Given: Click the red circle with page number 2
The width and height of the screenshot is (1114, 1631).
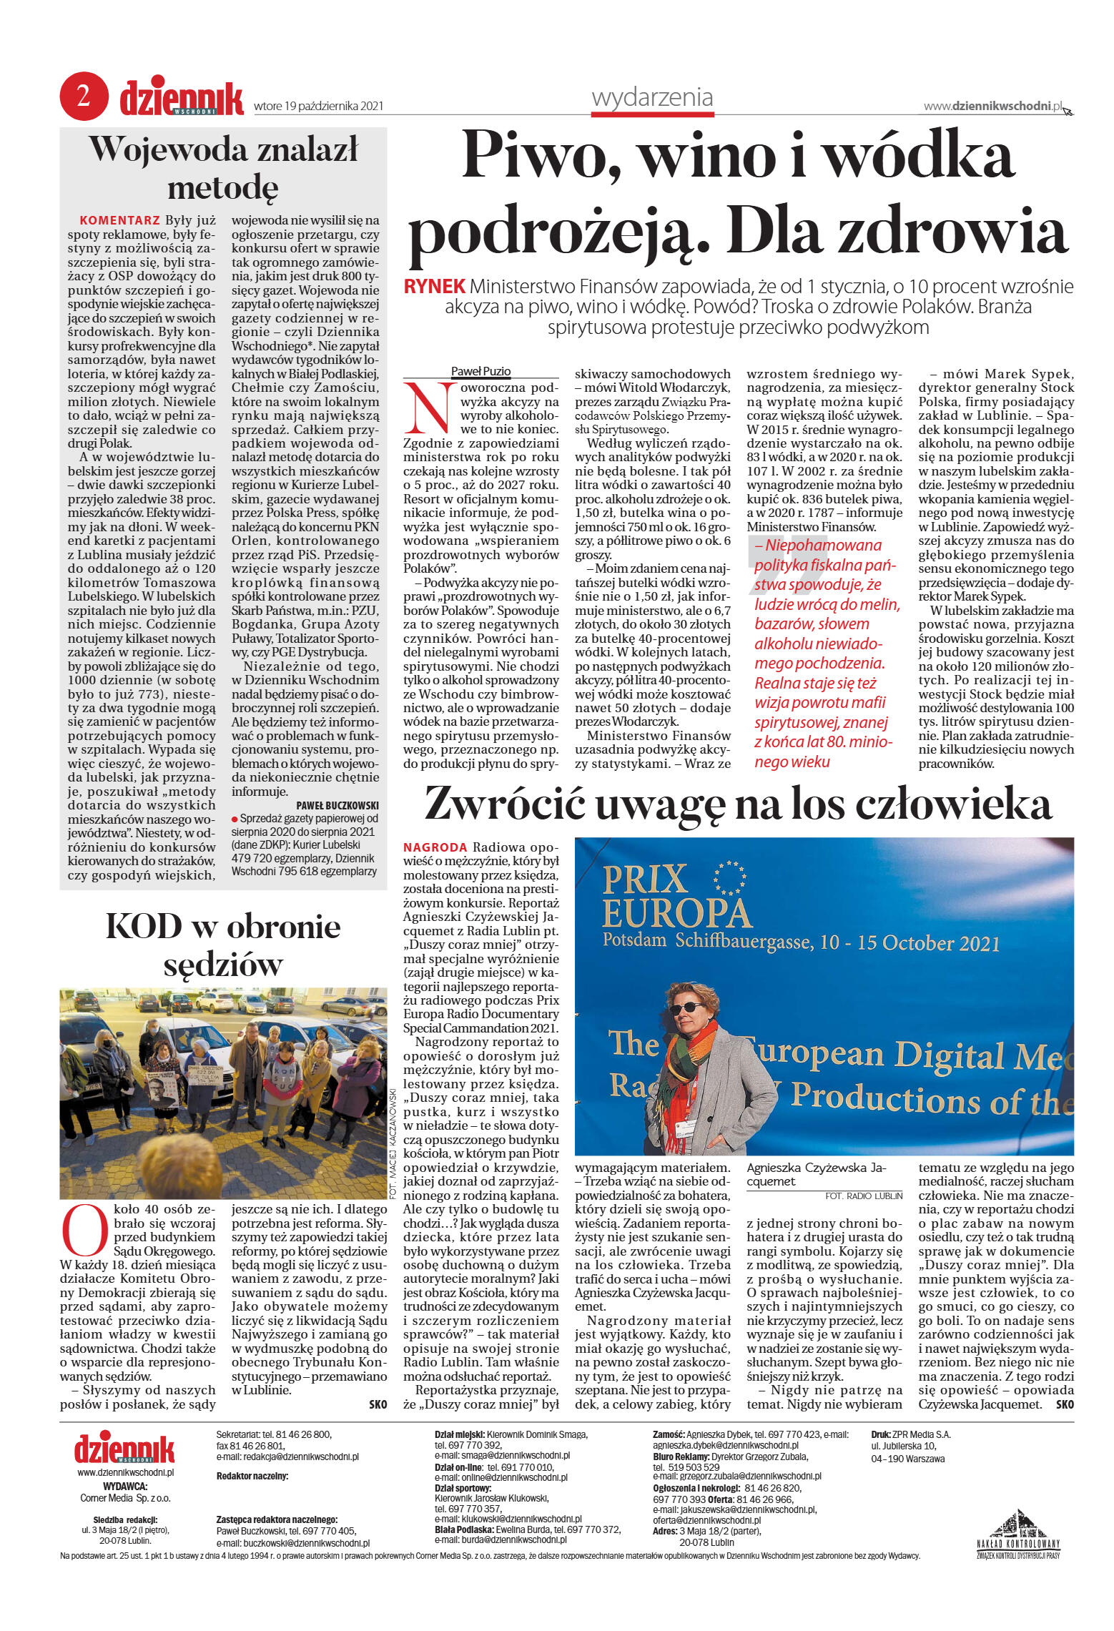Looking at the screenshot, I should [83, 97].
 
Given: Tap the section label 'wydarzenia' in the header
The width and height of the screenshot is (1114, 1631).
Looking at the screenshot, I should [651, 97].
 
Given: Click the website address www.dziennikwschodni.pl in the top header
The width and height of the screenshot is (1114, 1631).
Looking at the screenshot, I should [992, 106].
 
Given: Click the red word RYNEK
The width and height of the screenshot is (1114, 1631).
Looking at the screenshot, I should [434, 287].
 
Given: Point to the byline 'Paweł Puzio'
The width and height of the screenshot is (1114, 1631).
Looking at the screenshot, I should [480, 371].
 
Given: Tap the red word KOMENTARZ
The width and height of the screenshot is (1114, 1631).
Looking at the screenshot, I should [119, 220].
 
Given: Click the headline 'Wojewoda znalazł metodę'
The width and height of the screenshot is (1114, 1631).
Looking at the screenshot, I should [223, 168].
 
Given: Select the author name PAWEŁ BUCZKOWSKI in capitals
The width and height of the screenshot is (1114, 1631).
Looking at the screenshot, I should [337, 805].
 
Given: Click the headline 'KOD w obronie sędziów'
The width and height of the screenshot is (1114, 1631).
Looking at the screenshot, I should [223, 945].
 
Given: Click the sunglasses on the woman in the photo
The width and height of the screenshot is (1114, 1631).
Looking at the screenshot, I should [686, 1007].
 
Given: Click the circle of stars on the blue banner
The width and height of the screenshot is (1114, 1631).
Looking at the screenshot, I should [729, 877].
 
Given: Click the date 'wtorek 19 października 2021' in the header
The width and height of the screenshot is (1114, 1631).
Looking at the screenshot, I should [318, 107].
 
